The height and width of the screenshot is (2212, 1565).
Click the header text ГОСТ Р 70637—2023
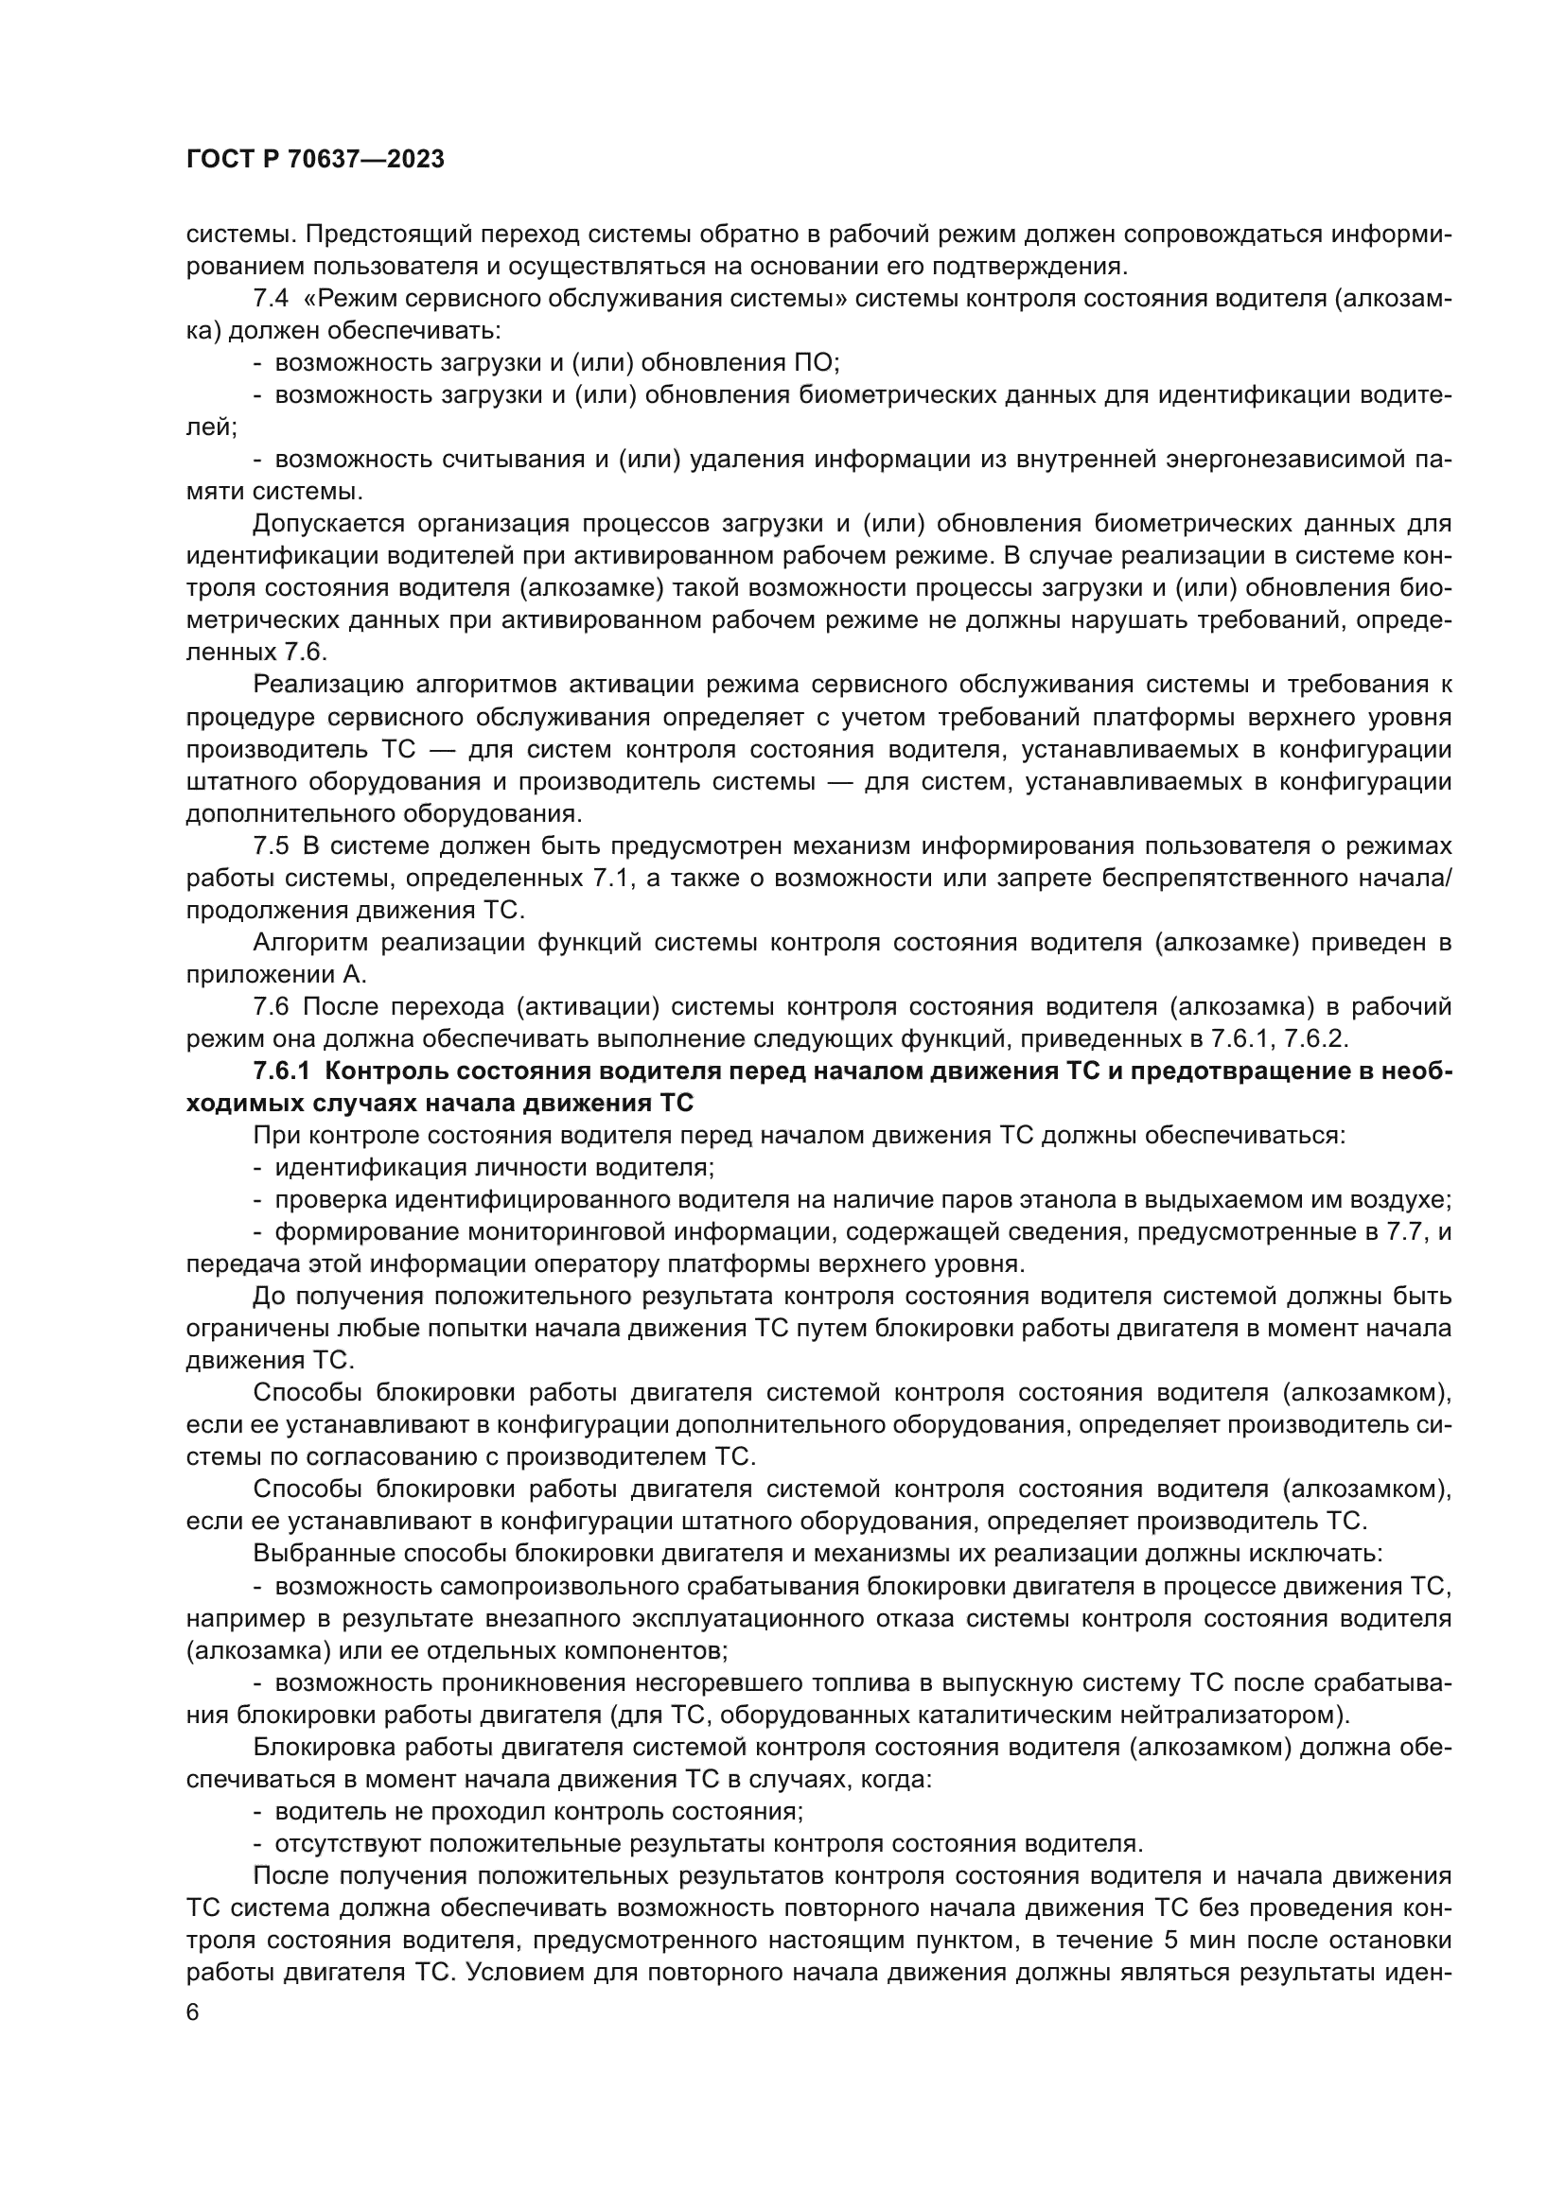coord(315,160)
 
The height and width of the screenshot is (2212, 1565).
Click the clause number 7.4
coord(270,299)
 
